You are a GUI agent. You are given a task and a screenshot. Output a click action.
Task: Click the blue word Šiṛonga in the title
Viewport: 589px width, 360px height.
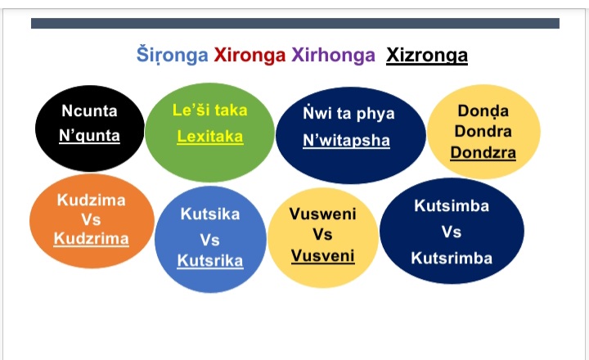pyautogui.click(x=173, y=56)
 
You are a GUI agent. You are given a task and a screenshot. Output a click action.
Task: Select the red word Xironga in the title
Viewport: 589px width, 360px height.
pyautogui.click(x=250, y=56)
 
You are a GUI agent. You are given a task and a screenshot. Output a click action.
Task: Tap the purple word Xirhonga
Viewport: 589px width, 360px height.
pyautogui.click(x=333, y=56)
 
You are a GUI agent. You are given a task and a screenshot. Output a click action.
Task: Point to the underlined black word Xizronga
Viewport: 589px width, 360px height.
pyautogui.click(x=427, y=56)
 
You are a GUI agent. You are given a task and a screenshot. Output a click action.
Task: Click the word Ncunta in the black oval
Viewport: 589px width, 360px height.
pyautogui.click(x=89, y=110)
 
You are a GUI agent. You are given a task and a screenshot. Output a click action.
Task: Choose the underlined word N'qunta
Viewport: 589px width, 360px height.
pyautogui.click(x=89, y=135)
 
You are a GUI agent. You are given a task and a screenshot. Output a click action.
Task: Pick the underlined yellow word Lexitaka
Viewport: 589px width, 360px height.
pyautogui.click(x=210, y=137)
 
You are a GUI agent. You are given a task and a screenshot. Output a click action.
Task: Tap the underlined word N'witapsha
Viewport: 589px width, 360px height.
pyautogui.click(x=346, y=141)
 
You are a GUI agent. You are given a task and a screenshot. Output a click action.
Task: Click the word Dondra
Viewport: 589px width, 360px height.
pyautogui.click(x=483, y=131)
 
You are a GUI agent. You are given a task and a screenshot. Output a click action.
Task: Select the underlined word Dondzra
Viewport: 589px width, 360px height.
pyautogui.click(x=483, y=152)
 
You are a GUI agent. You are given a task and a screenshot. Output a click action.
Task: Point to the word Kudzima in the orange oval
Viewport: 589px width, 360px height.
pyautogui.click(x=92, y=200)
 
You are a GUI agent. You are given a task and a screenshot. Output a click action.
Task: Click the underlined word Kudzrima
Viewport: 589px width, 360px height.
pyautogui.click(x=92, y=239)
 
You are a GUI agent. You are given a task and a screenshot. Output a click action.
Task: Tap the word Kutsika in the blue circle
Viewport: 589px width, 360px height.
pyautogui.click(x=210, y=214)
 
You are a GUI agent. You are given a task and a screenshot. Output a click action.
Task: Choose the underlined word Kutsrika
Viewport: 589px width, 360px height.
pyautogui.click(x=210, y=261)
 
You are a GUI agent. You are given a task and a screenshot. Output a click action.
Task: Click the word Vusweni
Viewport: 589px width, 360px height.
pyautogui.click(x=322, y=214)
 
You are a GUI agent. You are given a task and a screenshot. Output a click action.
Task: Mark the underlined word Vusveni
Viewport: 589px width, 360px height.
pyautogui.click(x=322, y=256)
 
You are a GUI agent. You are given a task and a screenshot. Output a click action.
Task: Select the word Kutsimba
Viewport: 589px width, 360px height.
pyautogui.click(x=452, y=206)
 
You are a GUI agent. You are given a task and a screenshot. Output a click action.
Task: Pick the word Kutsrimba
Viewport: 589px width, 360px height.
pyautogui.click(x=452, y=259)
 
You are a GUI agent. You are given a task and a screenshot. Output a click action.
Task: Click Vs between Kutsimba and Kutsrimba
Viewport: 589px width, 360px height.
pyautogui.click(x=451, y=232)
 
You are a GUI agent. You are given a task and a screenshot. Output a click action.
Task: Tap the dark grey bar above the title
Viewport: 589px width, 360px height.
pyautogui.click(x=295, y=23)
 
